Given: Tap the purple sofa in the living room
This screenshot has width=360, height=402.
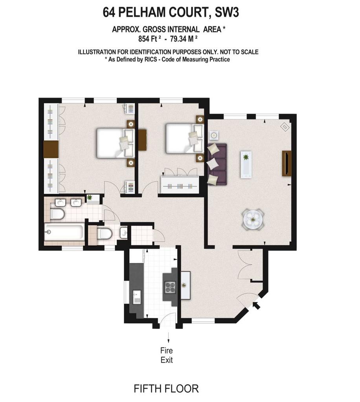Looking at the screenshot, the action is [x=217, y=164].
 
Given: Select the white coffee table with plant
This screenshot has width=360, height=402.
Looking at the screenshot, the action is [x=246, y=164].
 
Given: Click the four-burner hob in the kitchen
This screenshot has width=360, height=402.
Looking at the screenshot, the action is [x=170, y=287].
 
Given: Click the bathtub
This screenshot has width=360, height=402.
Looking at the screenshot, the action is [x=64, y=232].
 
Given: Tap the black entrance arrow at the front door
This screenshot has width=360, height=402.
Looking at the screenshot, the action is [x=256, y=305].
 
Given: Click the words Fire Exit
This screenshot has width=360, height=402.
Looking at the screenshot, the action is [x=167, y=355].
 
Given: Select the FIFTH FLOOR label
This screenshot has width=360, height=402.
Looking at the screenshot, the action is [x=166, y=389].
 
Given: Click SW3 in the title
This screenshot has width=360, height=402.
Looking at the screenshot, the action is [x=227, y=12].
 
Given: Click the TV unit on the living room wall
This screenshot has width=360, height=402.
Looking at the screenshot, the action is [x=287, y=164].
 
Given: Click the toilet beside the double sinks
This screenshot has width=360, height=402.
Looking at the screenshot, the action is [x=57, y=214].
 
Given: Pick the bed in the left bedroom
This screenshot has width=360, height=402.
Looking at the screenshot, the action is [x=116, y=143].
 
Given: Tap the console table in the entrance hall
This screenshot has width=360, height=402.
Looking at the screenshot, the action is [x=186, y=285].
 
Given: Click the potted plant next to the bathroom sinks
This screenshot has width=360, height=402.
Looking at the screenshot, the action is [x=90, y=197].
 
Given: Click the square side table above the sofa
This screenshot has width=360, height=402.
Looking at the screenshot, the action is [x=214, y=135].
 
